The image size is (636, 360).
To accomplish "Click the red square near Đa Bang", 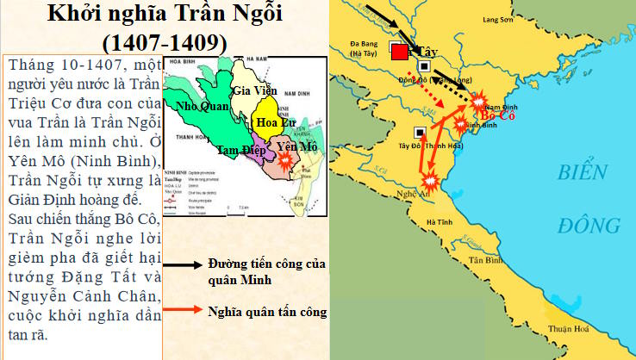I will coord(400,53).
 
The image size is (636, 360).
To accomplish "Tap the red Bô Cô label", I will coord(498,115).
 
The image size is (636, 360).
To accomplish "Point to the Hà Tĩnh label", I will coord(436,222).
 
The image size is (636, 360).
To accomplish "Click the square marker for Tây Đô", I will coord(419,133).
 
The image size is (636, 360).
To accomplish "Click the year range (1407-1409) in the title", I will coord(165,40).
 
